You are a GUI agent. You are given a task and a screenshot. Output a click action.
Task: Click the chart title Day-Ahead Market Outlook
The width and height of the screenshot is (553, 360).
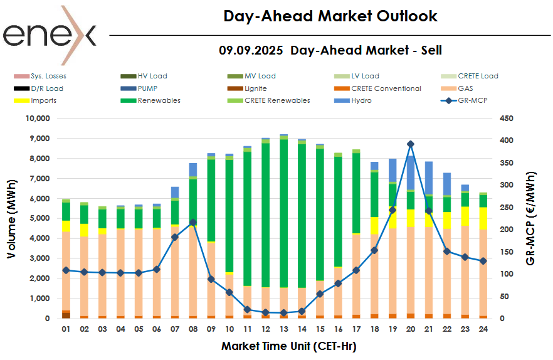[330, 16]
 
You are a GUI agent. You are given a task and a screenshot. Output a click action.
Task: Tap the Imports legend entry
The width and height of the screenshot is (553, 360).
[43, 100]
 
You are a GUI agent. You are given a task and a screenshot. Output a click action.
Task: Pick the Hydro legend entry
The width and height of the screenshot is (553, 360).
[361, 100]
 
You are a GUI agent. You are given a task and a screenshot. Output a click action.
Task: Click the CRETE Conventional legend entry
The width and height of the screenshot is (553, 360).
[386, 88]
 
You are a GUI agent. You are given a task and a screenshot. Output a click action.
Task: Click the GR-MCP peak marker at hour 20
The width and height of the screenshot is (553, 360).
[411, 144]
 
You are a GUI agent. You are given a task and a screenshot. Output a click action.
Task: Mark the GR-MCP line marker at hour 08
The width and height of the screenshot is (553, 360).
[193, 222]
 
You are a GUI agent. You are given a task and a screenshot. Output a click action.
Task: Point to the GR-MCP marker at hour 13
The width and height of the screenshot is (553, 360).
[284, 312]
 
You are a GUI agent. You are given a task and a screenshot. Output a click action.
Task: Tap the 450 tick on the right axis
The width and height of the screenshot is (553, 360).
[507, 118]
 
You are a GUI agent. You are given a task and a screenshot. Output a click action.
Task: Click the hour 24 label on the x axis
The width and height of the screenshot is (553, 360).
[483, 329]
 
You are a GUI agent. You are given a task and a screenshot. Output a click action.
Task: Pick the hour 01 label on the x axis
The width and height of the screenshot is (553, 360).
[66, 329]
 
